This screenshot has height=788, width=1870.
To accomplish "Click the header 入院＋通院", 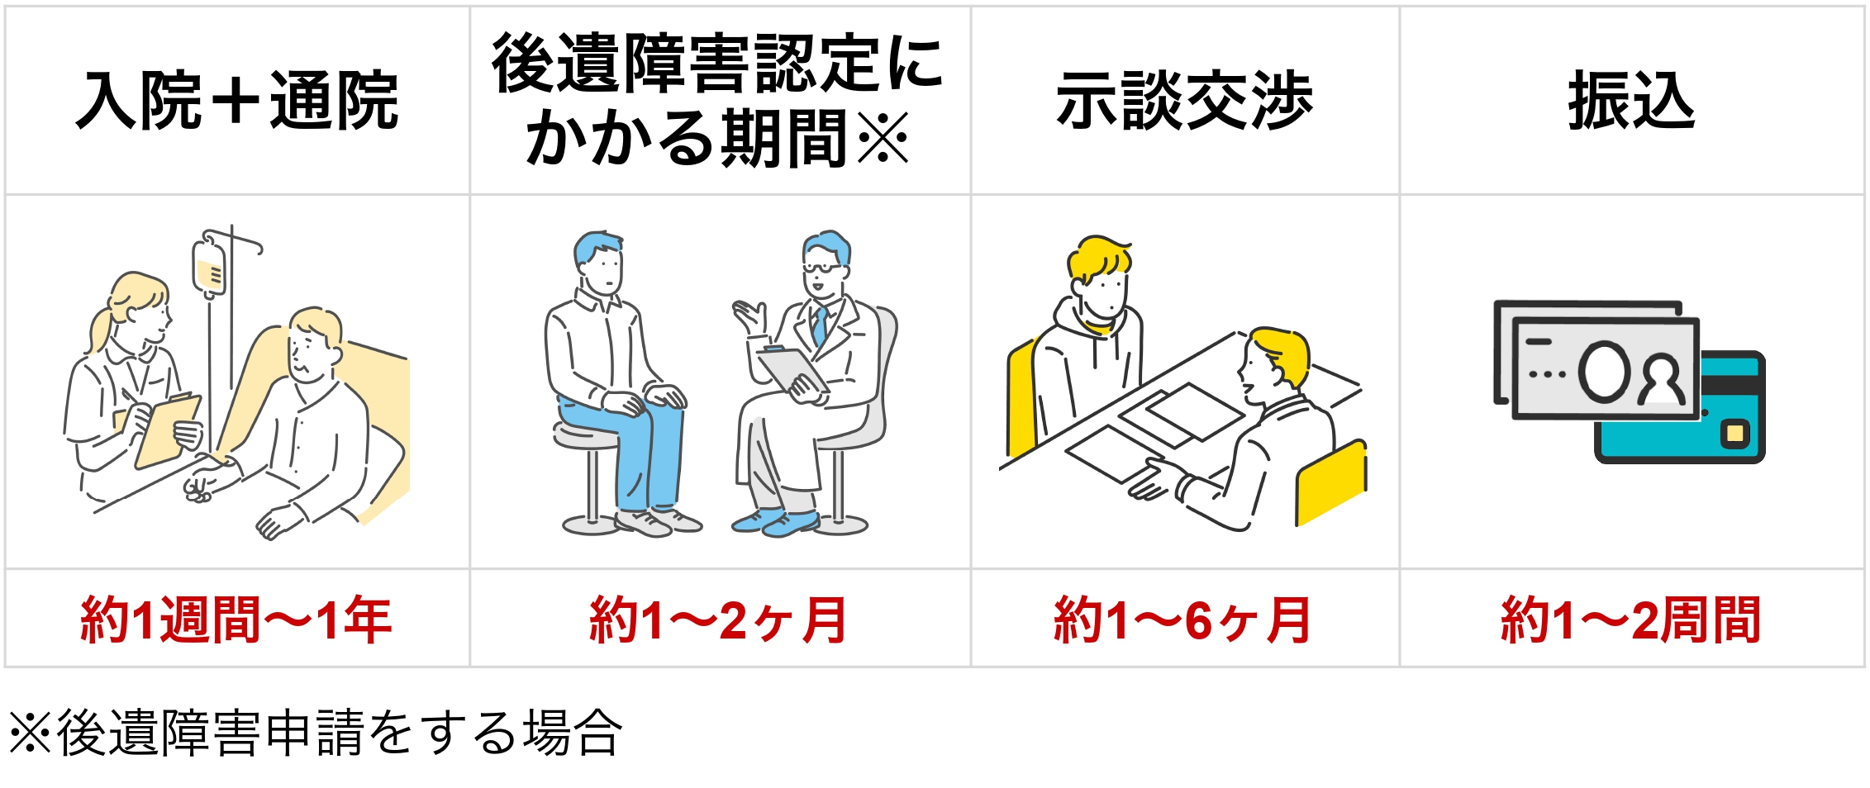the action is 237,101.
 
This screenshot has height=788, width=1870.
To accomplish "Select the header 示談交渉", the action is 1184,101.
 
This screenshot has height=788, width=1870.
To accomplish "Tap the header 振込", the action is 1632,101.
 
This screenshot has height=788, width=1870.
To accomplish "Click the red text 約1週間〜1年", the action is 236,619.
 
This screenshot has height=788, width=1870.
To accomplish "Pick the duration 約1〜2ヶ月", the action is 719,619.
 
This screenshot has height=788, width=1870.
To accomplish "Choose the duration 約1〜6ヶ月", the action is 1183,619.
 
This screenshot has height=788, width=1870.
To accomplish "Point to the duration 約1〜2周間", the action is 1631,619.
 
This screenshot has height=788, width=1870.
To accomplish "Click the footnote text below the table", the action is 316,733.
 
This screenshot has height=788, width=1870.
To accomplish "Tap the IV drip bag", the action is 210,265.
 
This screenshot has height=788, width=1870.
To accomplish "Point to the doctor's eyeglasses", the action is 824,268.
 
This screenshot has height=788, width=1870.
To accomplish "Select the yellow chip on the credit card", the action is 1735,434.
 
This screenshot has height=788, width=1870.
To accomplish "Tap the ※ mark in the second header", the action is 883,139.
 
